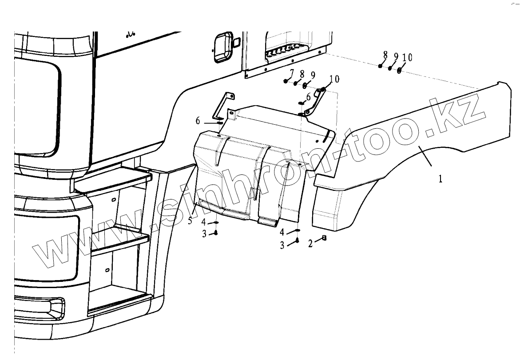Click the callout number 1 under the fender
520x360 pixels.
pos(440,180)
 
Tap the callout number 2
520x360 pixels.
pos(311,244)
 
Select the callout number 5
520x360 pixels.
pos(190,221)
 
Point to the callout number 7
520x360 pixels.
pos(292,73)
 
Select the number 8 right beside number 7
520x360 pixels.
pos(302,74)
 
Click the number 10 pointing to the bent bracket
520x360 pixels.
pos(334,79)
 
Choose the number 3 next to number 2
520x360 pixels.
pos(282,245)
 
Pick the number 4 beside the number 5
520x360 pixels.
pos(203,222)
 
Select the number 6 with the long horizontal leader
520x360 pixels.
pos(198,121)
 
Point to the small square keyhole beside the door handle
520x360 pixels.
pos(237,42)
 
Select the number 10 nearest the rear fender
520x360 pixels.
pos(407,57)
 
